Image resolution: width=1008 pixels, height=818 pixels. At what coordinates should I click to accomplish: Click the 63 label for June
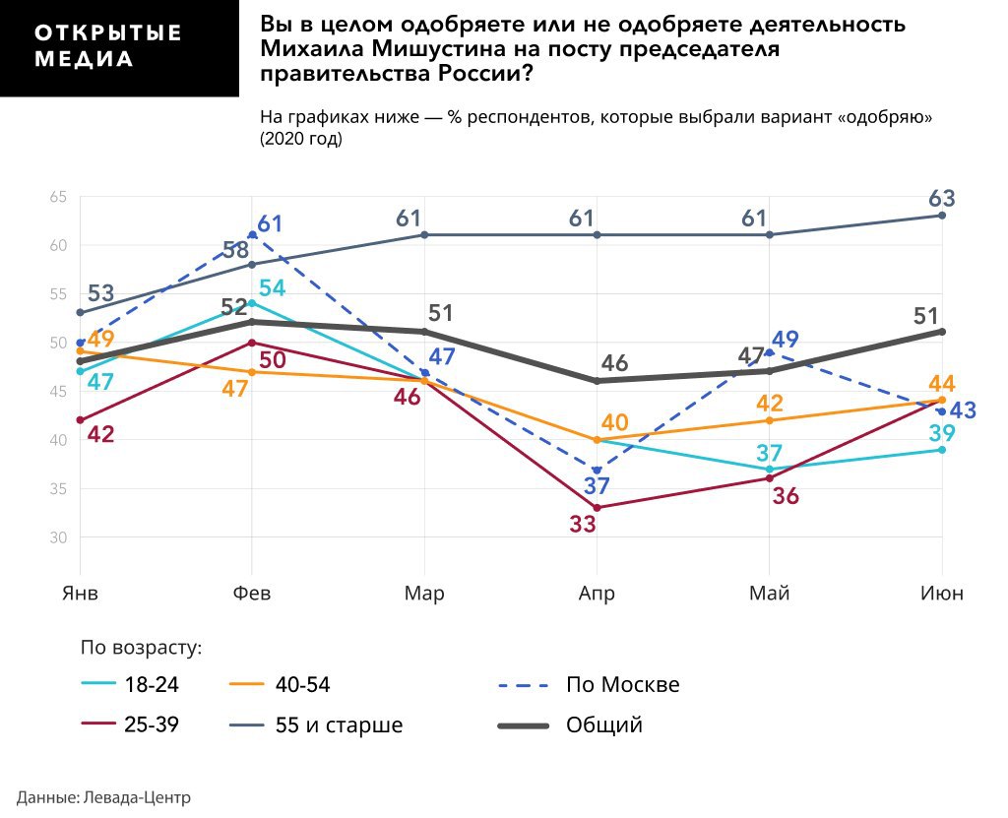942,198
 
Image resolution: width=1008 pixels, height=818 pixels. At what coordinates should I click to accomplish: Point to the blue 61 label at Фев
270,224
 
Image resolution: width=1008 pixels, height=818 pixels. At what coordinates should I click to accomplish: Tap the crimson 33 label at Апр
583,525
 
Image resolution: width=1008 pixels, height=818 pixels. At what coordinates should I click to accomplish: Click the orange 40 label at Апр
614,423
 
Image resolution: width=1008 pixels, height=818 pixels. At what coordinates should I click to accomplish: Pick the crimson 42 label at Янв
100,433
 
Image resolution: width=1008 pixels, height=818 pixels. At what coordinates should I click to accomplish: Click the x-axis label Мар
424,594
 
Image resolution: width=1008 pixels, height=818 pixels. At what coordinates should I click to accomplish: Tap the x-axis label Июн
941,594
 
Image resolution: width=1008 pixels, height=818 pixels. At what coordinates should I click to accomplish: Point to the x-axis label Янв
80,594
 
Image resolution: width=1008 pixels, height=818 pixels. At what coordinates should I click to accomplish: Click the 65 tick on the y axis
58,198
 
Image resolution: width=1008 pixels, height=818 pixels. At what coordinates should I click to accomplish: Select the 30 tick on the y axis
58,537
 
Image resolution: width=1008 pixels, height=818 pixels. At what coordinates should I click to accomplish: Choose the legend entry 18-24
152,685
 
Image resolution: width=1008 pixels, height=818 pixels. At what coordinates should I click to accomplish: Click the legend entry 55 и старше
339,725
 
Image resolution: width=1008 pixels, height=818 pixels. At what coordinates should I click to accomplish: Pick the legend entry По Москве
622,684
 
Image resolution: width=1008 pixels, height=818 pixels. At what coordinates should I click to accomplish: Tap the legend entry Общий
603,725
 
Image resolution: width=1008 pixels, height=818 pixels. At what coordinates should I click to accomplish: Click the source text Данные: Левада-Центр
103,797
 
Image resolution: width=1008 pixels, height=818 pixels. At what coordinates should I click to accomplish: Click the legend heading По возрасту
141,647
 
